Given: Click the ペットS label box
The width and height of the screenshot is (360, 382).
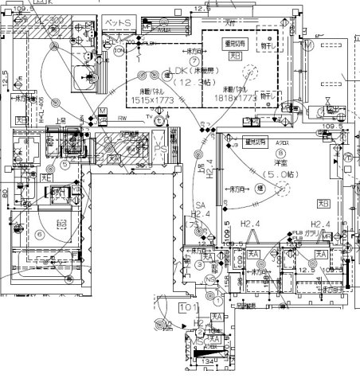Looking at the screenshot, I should click(119, 25).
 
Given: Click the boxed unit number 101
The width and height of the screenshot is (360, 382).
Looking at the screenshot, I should click(188, 306).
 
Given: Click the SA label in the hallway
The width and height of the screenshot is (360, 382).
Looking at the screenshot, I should click(201, 204).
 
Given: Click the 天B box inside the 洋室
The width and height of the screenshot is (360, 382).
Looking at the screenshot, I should click(322, 203).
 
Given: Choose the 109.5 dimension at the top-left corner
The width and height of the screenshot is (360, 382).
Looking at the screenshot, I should click(22, 7).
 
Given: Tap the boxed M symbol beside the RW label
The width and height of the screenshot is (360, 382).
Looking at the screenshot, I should click(102, 109).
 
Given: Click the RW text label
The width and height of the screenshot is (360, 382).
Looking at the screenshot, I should click(123, 119).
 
